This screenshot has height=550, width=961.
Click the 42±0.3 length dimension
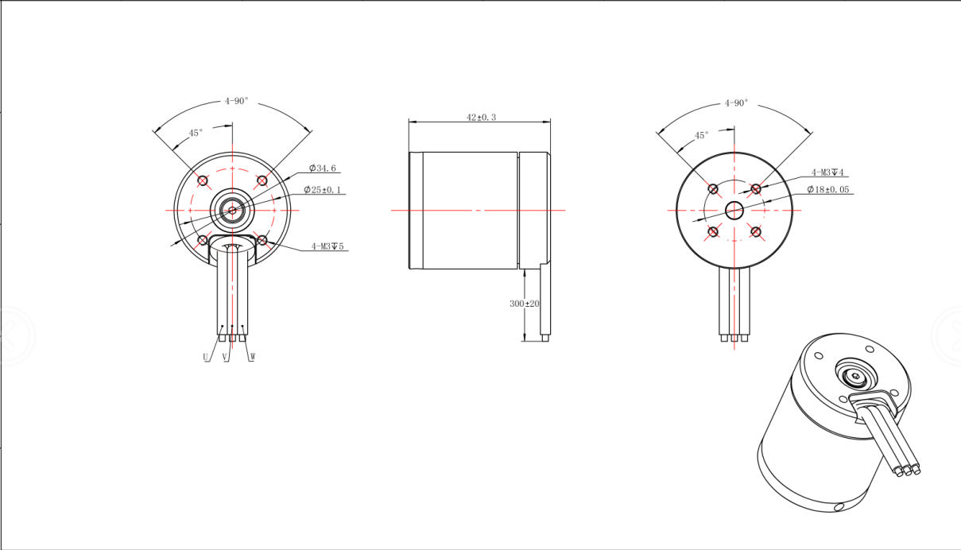coord(481,117)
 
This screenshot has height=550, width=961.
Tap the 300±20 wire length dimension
coord(525,304)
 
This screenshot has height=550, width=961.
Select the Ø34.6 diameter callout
coord(323,168)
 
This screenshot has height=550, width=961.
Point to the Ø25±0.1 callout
coord(322,190)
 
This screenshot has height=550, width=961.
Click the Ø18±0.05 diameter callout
coord(828,189)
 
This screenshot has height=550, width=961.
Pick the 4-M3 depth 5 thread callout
coord(327,246)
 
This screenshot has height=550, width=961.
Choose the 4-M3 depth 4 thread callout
coord(827,172)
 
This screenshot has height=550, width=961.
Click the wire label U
coord(206,357)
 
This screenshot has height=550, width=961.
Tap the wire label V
coord(224,357)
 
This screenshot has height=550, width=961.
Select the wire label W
coord(253,357)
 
